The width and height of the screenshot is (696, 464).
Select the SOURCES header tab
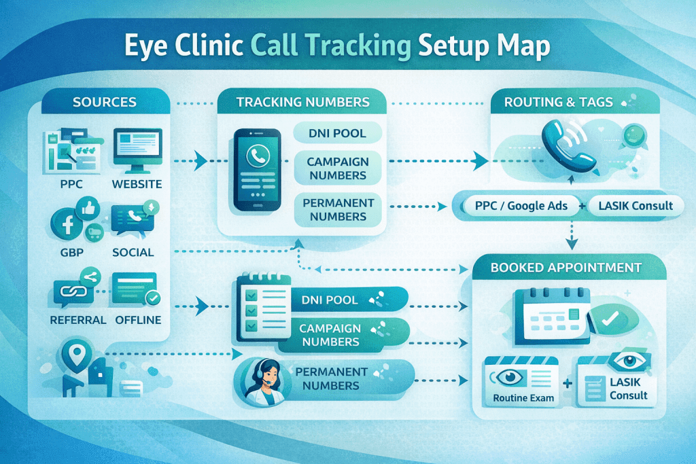[x=104, y=103]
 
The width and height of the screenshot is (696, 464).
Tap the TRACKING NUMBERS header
[x=302, y=103]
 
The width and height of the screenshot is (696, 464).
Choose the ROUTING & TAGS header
[x=559, y=103]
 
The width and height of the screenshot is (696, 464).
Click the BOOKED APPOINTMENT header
[x=565, y=267]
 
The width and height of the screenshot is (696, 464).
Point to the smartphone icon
[x=257, y=170]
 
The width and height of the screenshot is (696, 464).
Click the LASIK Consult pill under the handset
[x=636, y=206]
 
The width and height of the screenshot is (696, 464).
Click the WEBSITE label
[x=137, y=183]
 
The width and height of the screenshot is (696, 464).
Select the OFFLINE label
[x=138, y=319]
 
